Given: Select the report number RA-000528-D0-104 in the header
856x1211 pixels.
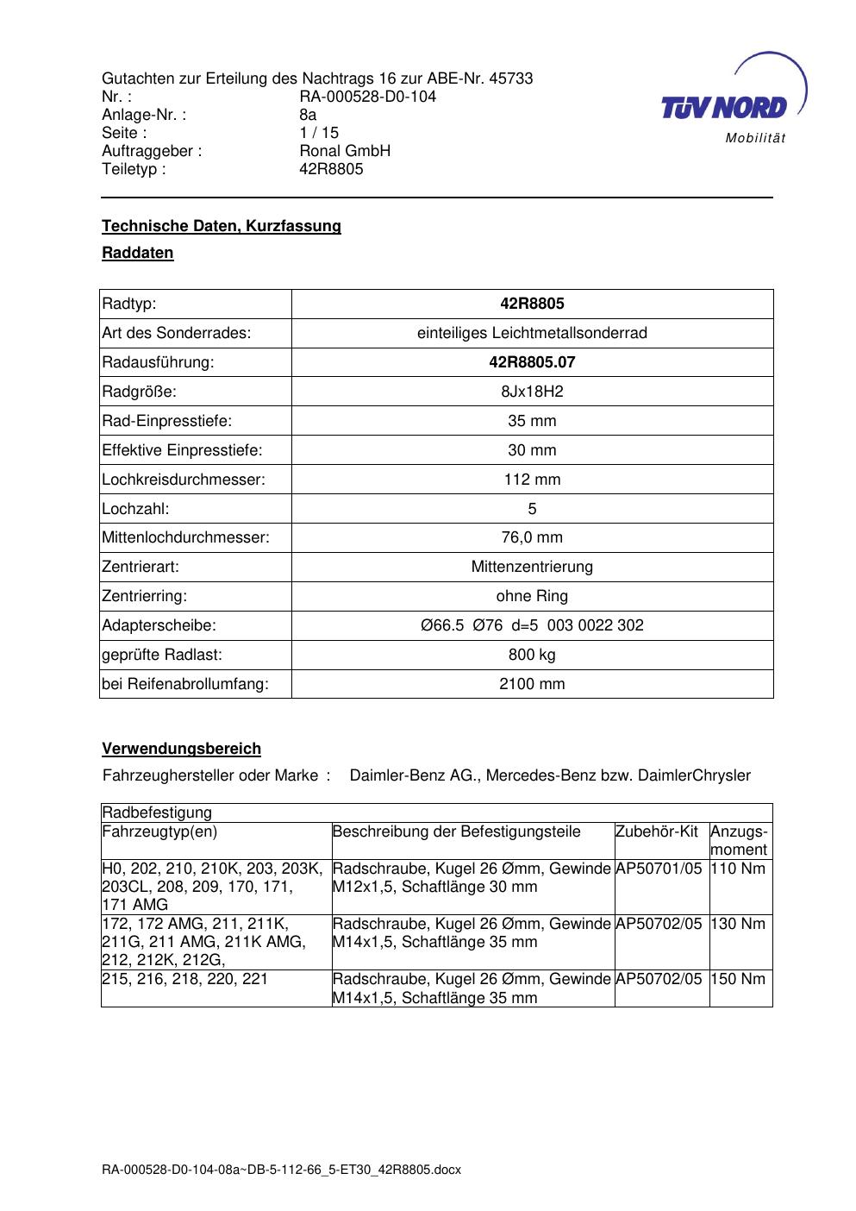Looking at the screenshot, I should pos(367,97).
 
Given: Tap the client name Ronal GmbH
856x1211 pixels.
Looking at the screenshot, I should pos(345,151).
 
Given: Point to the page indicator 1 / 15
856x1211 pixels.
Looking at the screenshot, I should pos(319,133).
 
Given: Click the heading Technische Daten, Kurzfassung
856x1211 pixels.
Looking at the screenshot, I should pos(222,226).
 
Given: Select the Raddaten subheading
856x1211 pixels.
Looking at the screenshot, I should pos(138,253).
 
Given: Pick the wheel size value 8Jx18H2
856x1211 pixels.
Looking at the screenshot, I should pos(532,392).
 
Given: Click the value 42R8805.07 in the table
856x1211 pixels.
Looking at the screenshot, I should pos(532,362).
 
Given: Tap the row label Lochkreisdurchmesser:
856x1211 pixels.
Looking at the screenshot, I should pos(184,480).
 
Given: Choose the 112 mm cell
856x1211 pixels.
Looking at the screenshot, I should pos(532,480).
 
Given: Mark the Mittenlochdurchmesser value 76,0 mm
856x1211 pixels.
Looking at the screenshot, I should pos(532,537).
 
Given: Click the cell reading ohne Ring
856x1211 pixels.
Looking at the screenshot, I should pos(532,596).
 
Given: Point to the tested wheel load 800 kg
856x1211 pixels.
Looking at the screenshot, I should pos(532,655).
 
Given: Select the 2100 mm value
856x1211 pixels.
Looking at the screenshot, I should pos(532,684).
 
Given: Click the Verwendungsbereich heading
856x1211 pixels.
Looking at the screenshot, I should pos(182,749).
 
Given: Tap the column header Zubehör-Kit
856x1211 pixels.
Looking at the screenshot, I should pos(657,831).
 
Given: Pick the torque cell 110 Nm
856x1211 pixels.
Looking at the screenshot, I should pos(738,869).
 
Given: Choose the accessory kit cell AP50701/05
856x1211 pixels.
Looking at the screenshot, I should pos(659,869).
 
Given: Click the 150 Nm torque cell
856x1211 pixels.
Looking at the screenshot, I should pos(738,979).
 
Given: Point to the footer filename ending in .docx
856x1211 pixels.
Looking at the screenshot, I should pos(282,1170).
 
